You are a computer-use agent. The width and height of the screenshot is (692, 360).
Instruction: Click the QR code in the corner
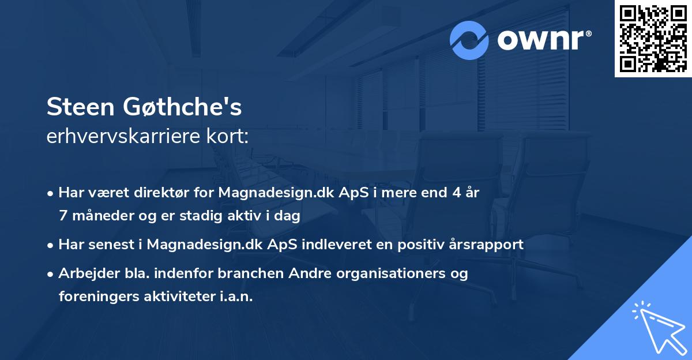653,39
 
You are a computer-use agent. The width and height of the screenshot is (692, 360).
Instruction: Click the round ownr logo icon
469,40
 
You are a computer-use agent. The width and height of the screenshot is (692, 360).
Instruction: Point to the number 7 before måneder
62,216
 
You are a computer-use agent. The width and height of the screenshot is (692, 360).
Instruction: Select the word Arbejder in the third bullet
84,273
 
